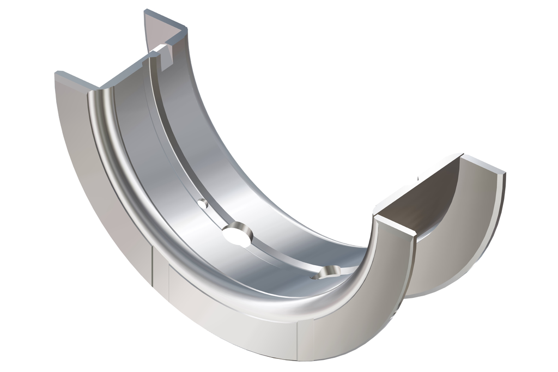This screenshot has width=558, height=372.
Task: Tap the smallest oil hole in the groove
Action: [203, 204]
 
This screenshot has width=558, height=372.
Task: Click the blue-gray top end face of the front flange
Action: [76, 80]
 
